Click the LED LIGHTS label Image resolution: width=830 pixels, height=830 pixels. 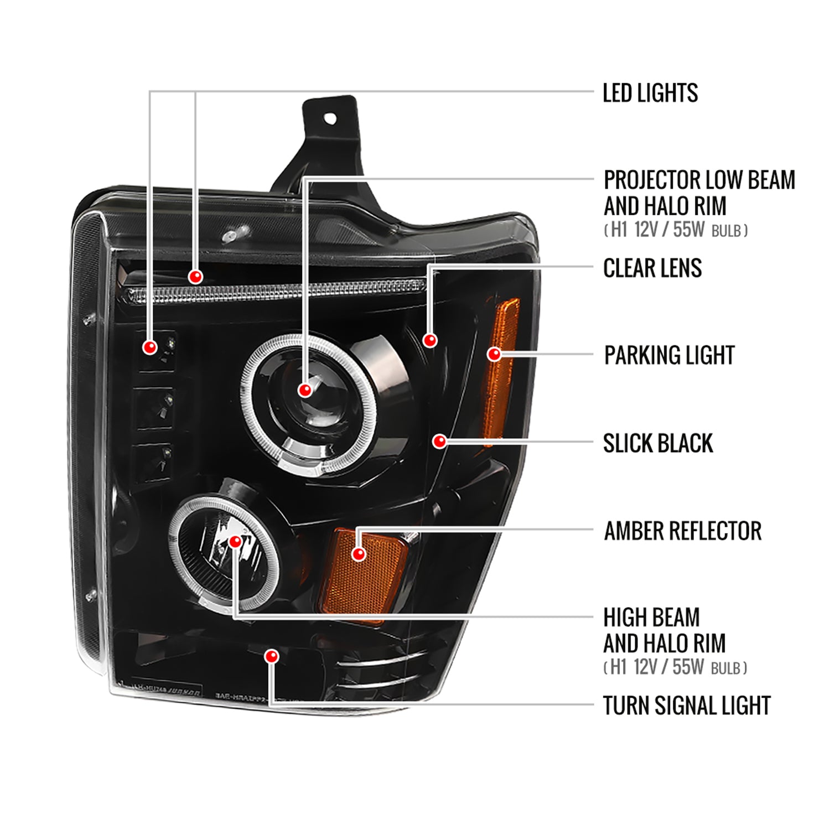click(x=650, y=93)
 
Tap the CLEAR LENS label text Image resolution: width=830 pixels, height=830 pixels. click(x=652, y=268)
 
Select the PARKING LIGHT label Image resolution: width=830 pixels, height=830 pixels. click(x=669, y=355)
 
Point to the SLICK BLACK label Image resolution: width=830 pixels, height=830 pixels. click(x=657, y=443)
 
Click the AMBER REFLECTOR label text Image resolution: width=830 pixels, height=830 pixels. click(x=682, y=531)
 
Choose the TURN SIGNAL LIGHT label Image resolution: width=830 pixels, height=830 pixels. click(x=686, y=705)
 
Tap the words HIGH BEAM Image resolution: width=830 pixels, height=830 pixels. click(x=651, y=618)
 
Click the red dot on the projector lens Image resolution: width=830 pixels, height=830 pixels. click(x=305, y=390)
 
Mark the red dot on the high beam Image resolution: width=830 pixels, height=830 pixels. click(x=235, y=541)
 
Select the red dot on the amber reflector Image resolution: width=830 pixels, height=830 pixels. click(x=359, y=553)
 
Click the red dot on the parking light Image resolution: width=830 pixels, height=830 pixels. click(x=494, y=354)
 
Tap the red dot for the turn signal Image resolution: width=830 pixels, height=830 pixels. click(x=271, y=656)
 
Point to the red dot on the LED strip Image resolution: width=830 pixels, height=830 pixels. click(x=195, y=276)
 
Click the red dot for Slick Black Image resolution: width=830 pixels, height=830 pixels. click(x=439, y=441)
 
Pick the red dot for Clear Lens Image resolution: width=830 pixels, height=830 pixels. click(x=430, y=340)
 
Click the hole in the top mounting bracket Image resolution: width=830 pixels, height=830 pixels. click(x=330, y=118)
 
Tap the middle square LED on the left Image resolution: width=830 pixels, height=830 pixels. click(x=155, y=408)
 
